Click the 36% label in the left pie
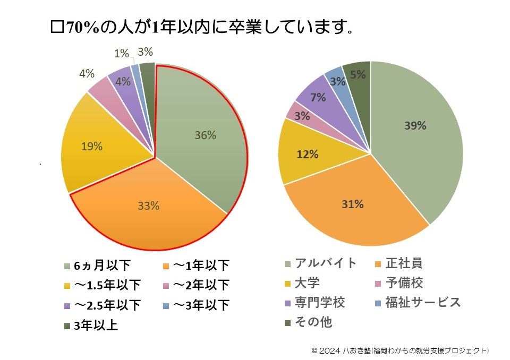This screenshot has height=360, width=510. [205, 135]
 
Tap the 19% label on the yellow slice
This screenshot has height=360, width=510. [92, 147]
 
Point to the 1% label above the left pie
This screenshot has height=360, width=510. [122, 53]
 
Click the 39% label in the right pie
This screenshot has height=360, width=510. [415, 126]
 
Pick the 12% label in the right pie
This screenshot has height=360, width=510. [308, 155]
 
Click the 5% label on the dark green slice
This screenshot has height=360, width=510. [358, 75]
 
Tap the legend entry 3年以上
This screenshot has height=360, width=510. [96, 325]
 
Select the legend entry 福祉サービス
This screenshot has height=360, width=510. [423, 303]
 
